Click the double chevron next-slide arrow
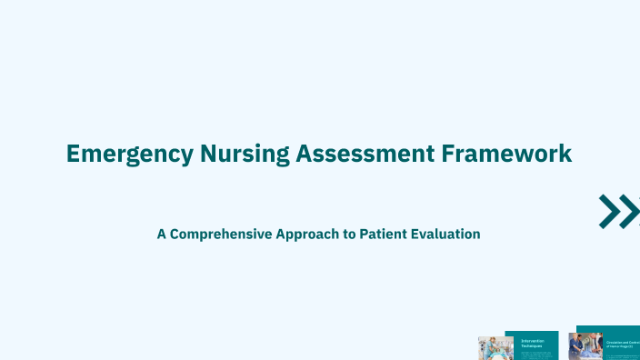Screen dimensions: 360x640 (619, 211)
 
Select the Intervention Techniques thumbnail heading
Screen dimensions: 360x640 (532, 344)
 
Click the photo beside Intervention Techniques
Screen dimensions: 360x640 (495, 348)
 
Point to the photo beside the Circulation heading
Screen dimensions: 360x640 (585, 346)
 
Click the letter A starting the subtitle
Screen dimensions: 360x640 (162, 234)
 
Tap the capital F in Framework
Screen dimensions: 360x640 (447, 153)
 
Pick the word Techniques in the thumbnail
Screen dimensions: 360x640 (532, 346)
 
